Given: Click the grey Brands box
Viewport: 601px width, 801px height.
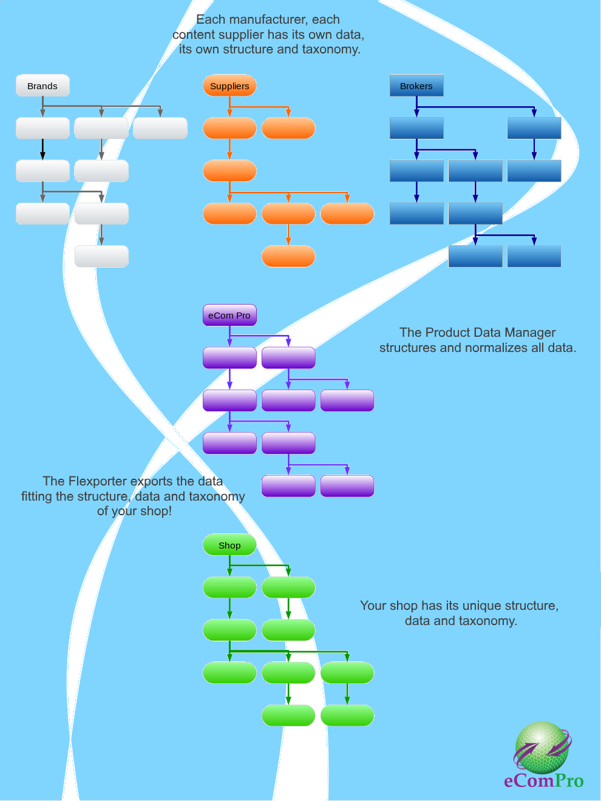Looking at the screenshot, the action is click(42, 86).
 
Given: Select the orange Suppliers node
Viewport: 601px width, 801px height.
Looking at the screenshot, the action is click(229, 86).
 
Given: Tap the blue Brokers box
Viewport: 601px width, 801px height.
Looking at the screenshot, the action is click(416, 86).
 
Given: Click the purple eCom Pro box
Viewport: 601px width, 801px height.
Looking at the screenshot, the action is click(229, 315).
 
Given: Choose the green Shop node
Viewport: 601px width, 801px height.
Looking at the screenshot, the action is click(229, 545).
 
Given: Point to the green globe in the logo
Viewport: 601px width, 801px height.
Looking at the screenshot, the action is click(542, 748).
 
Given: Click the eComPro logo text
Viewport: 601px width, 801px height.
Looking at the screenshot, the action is click(544, 780).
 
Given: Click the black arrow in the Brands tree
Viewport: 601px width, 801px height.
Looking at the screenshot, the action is click(42, 149).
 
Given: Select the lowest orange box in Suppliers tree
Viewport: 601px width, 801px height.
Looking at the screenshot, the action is click(288, 256).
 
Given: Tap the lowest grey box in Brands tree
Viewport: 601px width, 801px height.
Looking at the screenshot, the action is click(101, 256).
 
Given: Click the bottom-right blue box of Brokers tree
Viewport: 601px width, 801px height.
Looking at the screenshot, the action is click(534, 256).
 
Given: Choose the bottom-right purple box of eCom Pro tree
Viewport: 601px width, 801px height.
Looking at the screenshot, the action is click(347, 485).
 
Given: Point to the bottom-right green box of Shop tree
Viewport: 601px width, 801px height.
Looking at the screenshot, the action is click(347, 715).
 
